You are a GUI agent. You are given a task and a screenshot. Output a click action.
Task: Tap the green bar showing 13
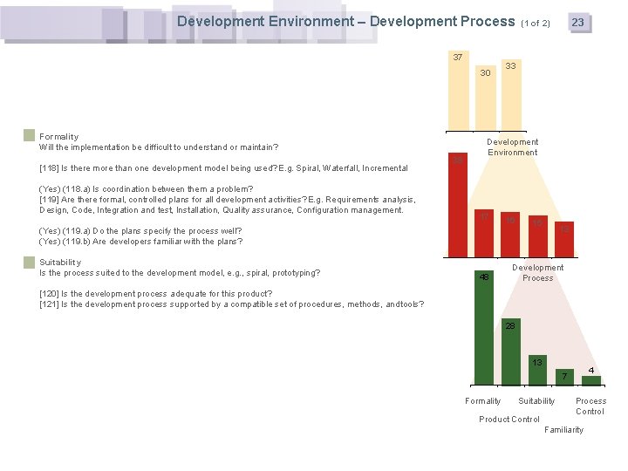click(x=538, y=371)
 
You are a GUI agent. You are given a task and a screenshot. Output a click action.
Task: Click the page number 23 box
click(x=577, y=23)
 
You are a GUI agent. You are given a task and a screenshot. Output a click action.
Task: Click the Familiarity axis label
click(x=563, y=430)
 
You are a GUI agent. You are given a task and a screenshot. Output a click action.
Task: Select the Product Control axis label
click(x=509, y=420)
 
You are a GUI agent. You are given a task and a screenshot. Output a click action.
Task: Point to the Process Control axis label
click(x=590, y=406)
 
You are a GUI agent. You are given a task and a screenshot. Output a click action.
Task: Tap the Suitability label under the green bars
click(x=536, y=401)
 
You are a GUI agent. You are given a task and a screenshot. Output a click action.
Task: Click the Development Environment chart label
click(x=512, y=147)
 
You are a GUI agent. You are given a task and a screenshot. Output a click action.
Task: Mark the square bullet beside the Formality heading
click(x=30, y=136)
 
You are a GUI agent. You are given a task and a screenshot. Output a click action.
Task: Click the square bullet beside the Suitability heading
click(x=30, y=262)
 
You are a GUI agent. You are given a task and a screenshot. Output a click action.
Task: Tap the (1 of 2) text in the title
click(x=536, y=23)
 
